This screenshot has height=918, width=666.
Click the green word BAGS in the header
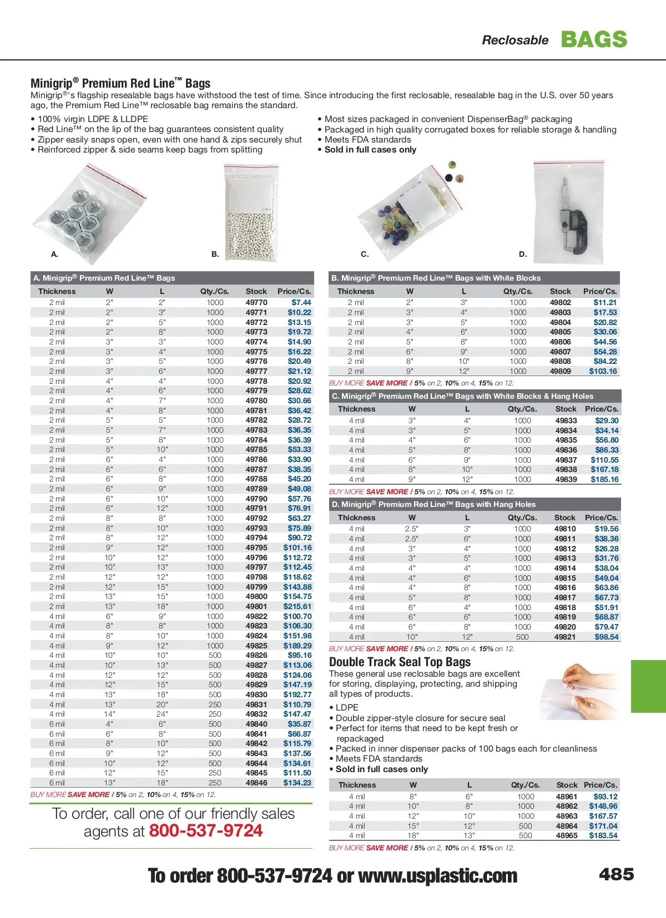594,39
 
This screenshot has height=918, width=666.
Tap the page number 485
616,875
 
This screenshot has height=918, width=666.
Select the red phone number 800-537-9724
206,831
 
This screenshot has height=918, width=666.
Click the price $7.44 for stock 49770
301,302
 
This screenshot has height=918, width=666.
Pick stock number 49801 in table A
256,606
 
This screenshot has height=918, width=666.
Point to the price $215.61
297,606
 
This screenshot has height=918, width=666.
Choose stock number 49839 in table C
566,479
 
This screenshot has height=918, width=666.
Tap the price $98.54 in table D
606,637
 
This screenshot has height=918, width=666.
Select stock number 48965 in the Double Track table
567,835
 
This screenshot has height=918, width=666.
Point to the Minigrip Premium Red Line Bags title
120,84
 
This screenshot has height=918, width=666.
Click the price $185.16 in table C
604,479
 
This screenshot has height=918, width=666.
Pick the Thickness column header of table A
57,291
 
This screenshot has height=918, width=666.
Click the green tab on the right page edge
648,686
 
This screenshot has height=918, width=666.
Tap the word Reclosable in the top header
515,40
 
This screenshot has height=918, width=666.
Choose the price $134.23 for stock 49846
297,783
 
